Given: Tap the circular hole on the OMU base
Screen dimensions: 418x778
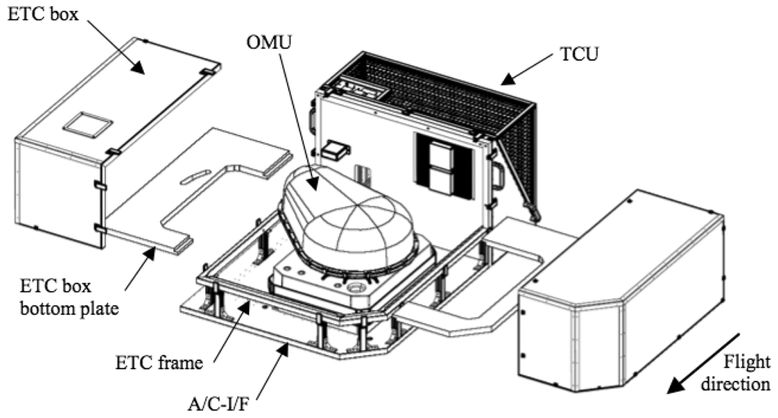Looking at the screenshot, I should (360, 291).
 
